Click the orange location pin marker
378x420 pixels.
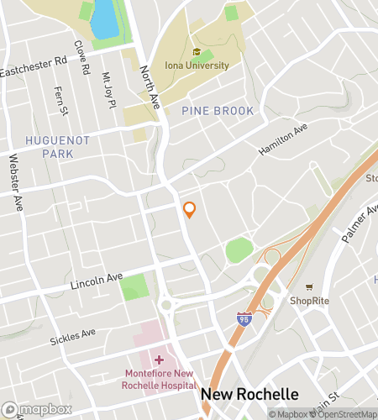pyautogui.click(x=190, y=210)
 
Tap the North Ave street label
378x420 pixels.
pyautogui.click(x=150, y=83)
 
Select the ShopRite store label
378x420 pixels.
pyautogui.click(x=309, y=300)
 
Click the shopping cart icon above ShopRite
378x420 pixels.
pyautogui.click(x=309, y=287)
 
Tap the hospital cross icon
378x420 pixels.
pyautogui.click(x=159, y=360)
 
